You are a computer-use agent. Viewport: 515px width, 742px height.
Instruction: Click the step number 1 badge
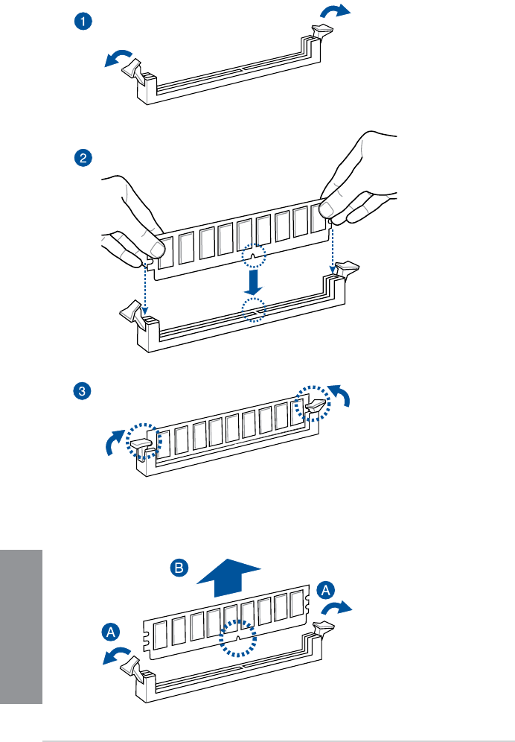(83, 22)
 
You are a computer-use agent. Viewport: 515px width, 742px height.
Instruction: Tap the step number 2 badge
(83, 157)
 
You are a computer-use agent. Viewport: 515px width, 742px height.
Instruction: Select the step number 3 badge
(83, 390)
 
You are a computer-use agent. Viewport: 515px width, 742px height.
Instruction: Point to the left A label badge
(110, 632)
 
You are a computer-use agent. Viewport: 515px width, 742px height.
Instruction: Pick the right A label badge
(325, 590)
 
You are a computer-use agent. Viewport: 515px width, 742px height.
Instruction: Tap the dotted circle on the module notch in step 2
(254, 258)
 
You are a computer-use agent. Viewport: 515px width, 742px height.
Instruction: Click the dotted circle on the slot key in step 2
(254, 309)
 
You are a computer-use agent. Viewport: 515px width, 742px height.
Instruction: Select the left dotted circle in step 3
(139, 442)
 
